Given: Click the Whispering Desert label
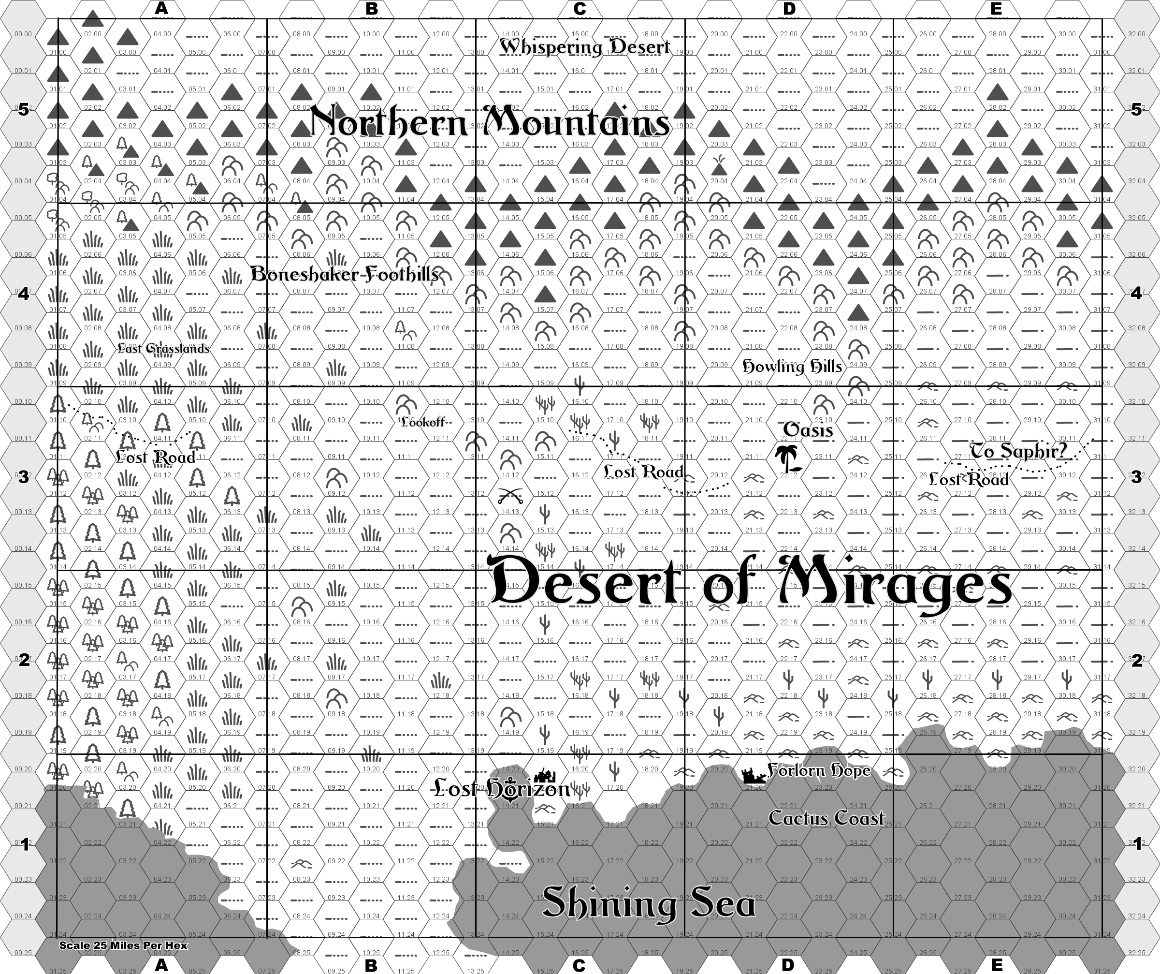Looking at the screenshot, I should [584, 47].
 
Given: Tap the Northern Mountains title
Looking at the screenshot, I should [490, 122].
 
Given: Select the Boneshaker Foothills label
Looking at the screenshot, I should [345, 274].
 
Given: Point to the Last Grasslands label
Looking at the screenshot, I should [163, 348].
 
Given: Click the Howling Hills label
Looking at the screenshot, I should [792, 366].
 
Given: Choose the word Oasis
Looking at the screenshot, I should [808, 429].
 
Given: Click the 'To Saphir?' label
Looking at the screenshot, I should [1018, 451].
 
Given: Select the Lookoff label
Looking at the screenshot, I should [422, 422].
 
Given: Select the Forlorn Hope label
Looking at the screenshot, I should [819, 770].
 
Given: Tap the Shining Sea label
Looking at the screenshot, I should [649, 904].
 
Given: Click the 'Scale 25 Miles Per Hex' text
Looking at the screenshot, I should [123, 945].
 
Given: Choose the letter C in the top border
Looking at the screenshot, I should [580, 8].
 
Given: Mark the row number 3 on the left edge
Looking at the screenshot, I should [24, 477].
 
